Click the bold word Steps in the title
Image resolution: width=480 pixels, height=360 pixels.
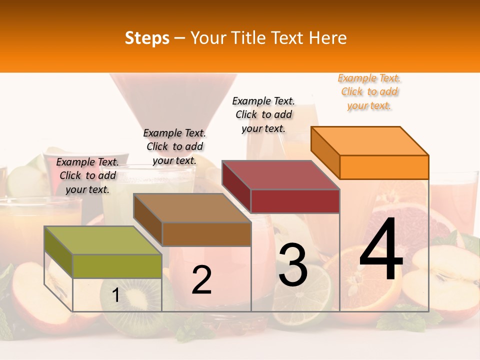coord(147,38)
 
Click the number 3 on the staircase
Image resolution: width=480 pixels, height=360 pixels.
coord(292,265)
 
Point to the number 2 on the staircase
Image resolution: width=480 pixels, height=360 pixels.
coord(201,280)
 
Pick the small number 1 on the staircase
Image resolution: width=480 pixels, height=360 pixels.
coord(116,295)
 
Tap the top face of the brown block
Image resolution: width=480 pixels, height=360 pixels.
coord(192,207)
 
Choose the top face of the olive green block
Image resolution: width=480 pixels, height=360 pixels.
coord(103,240)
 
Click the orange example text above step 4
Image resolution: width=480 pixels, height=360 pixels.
coord(369,92)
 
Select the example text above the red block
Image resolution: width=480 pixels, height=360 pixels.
coord(263,114)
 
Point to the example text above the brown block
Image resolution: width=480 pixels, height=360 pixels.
coord(174,146)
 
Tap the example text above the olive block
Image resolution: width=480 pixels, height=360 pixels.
coord(87,176)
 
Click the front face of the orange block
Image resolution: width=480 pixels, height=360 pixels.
coord(384,167)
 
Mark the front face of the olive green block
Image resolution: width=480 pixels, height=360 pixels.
coord(117,266)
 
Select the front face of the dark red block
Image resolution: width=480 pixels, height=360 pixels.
coord(295,201)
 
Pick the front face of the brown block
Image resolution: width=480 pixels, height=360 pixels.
coord(206,234)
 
